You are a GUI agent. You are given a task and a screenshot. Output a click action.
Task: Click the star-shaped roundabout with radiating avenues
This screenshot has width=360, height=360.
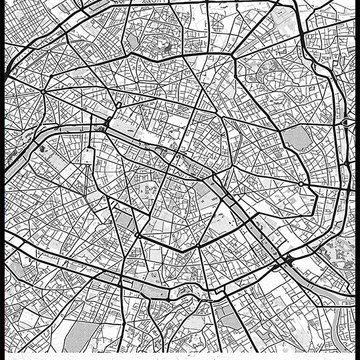(44, 90)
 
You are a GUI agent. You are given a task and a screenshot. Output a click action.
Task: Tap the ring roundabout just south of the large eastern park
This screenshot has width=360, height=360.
(301, 183)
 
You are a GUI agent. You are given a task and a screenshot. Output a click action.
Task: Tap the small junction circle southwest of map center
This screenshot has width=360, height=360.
(138, 235)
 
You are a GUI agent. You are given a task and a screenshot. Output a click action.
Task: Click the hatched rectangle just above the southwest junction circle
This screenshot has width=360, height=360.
(124, 220)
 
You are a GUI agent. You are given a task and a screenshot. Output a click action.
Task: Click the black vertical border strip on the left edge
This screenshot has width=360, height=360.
(2, 180)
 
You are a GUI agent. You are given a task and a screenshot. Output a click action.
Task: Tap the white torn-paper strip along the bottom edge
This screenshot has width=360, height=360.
(180, 355)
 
